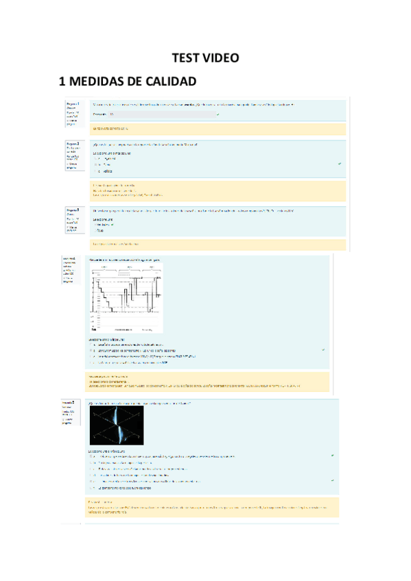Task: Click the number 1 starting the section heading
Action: click(x=63, y=82)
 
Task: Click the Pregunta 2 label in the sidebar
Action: click(x=73, y=144)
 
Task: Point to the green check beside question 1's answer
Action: click(x=218, y=114)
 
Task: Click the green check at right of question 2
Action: click(x=340, y=164)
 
